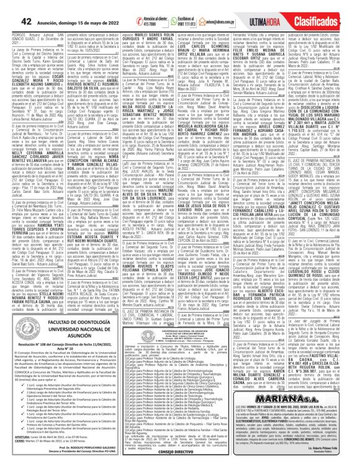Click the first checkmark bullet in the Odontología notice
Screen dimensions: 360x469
(24, 385)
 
